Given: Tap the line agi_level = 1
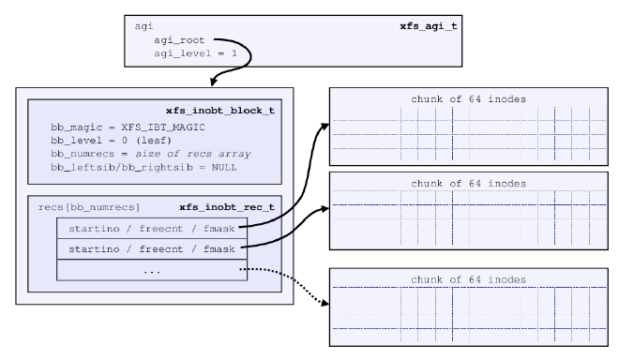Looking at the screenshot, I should click(x=195, y=54).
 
